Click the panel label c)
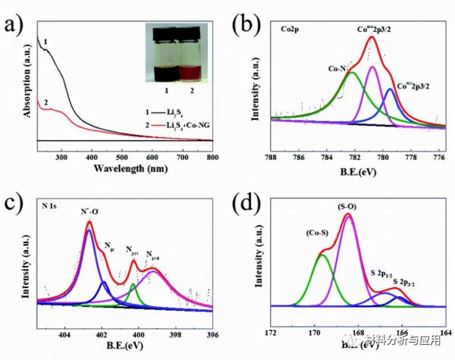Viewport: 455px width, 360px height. [x=14, y=199]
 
